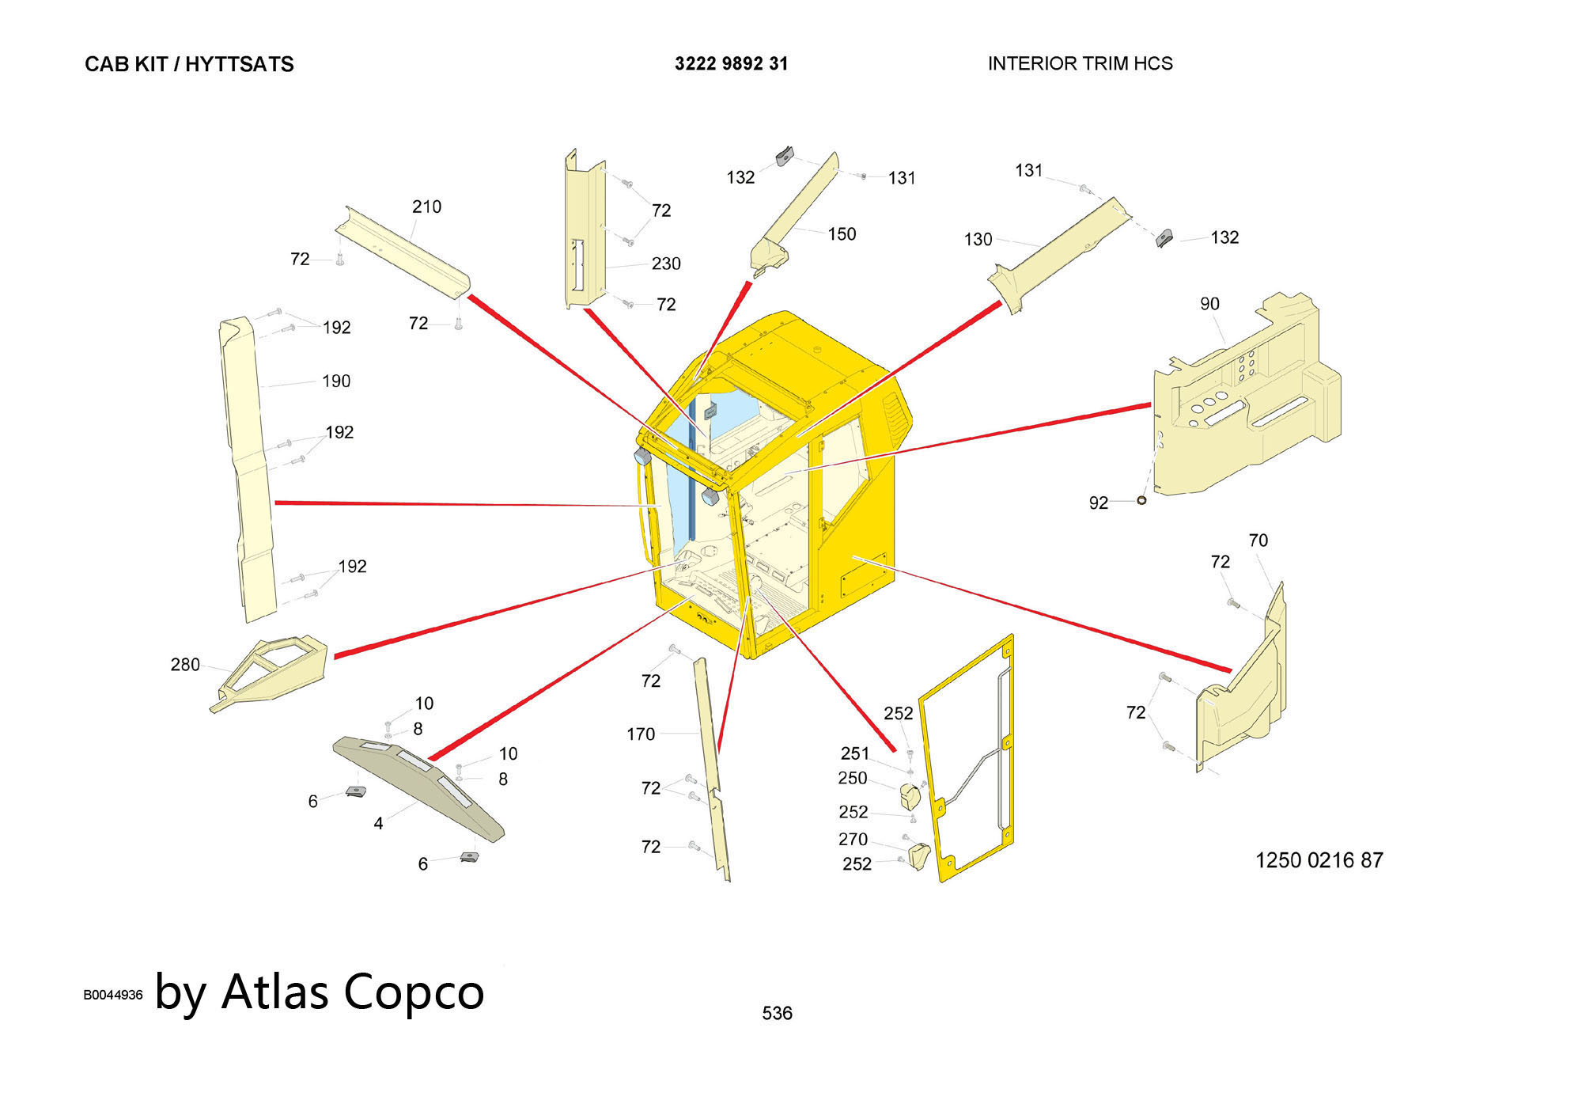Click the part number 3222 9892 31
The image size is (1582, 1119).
[x=731, y=64]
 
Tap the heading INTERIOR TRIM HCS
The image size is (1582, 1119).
[x=1080, y=64]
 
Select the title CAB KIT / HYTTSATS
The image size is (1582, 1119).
[x=189, y=65]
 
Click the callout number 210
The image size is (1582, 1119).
[x=426, y=207]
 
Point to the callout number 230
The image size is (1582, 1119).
[x=666, y=264]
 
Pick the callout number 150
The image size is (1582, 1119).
[x=842, y=234]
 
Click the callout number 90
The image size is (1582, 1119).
[x=1209, y=304]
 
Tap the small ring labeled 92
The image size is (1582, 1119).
[x=1141, y=501]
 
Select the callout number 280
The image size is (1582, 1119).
[x=185, y=665]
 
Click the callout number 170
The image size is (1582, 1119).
[x=641, y=734]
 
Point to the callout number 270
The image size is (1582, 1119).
[x=853, y=839]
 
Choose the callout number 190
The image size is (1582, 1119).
[x=336, y=381]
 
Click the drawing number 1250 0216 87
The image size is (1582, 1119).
[x=1319, y=860]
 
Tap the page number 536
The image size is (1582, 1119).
[x=777, y=1014]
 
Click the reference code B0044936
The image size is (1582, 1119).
[x=113, y=996]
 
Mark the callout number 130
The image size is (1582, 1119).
[x=978, y=240]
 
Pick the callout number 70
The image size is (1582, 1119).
[x=1258, y=541]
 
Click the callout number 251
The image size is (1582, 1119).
[x=855, y=753]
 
